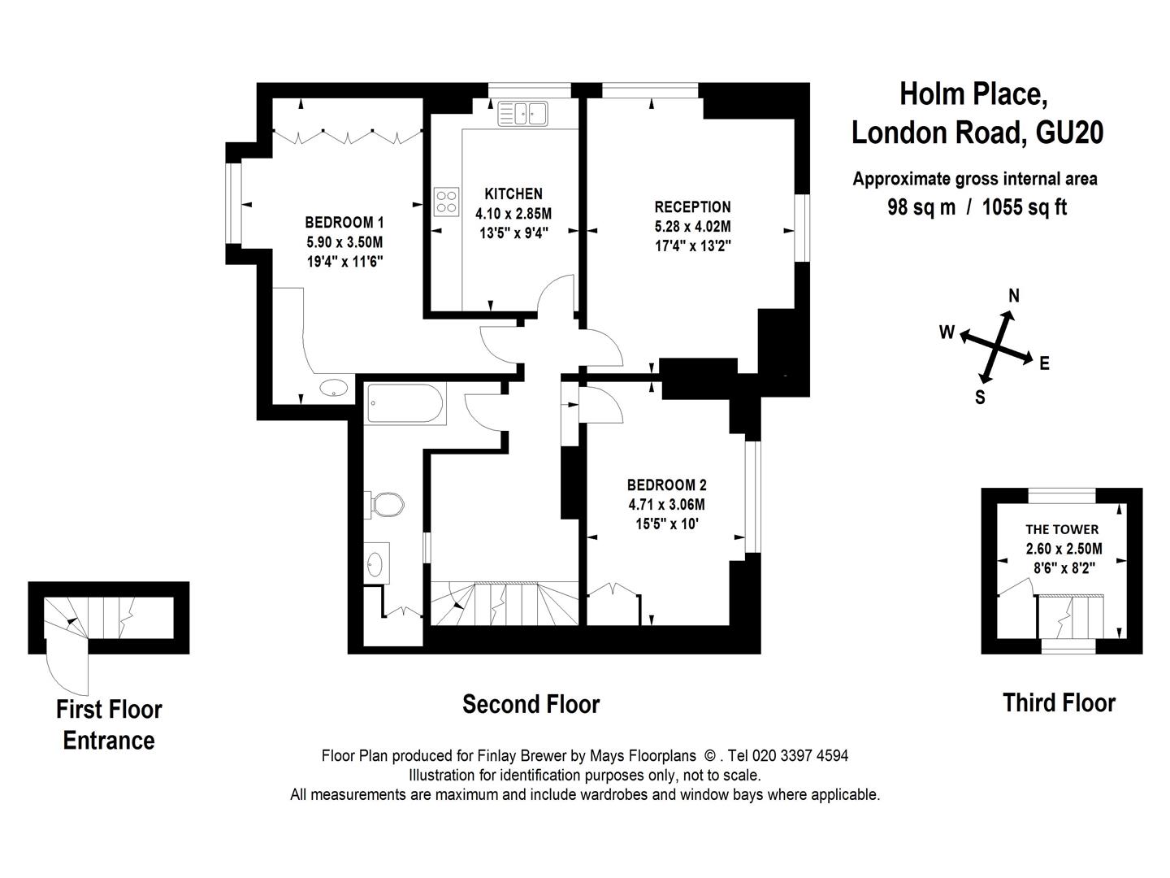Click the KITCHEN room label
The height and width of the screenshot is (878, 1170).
click(513, 193)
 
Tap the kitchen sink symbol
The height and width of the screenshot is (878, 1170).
click(522, 114)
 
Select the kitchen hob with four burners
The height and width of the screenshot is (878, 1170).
click(446, 202)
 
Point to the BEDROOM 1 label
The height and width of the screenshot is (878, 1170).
click(344, 222)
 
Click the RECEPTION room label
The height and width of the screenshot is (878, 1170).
click(692, 206)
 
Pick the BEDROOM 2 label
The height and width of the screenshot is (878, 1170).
click(667, 485)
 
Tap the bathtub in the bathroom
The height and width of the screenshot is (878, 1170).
click(405, 403)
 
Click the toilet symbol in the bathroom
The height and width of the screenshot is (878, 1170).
click(384, 504)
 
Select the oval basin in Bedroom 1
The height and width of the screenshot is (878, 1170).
click(334, 388)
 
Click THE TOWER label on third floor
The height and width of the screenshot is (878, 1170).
click(1062, 529)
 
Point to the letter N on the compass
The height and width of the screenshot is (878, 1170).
click(1014, 295)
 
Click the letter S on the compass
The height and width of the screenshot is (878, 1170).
click(980, 398)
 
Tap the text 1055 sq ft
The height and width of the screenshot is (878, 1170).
click(1025, 206)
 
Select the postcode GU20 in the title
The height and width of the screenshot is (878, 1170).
click(1068, 133)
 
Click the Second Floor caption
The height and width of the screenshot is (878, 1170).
click(531, 704)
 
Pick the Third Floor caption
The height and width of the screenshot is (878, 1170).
click(1059, 702)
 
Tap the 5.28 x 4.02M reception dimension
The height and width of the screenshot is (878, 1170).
click(692, 227)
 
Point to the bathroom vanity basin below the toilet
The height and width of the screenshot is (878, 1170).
click(376, 563)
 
